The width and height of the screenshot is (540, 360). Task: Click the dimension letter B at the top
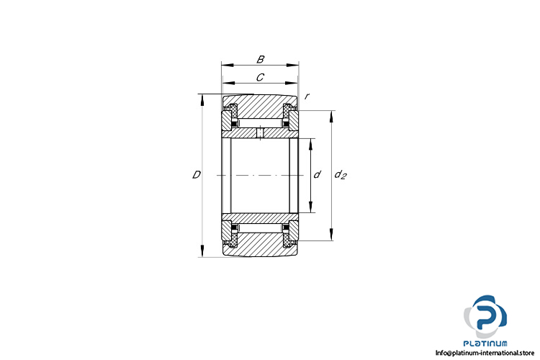(x=261, y=59)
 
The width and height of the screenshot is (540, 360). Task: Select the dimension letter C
(x=261, y=78)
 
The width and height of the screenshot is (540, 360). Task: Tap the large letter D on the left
(x=196, y=175)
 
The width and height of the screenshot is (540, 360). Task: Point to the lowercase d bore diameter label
(x=317, y=174)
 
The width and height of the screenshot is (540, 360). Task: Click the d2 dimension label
(x=341, y=175)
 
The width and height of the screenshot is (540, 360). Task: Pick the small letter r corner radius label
(x=307, y=96)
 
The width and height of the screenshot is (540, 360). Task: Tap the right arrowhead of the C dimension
(x=292, y=83)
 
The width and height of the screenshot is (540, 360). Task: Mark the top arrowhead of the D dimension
(x=202, y=101)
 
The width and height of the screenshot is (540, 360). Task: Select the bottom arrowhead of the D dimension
(x=202, y=251)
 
